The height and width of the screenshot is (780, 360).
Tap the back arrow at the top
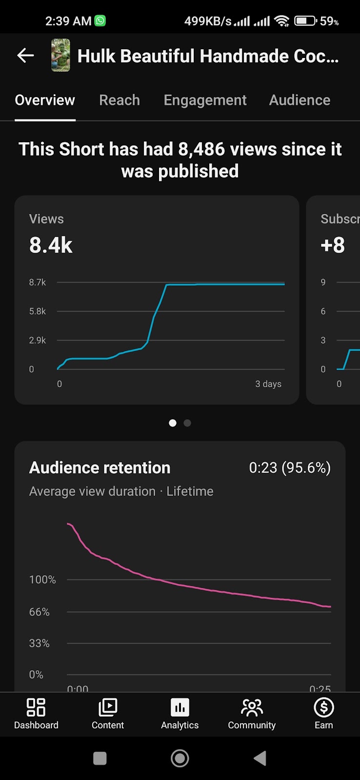(x=25, y=56)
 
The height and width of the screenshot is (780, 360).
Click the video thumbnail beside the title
(x=60, y=56)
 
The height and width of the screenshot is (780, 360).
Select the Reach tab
(x=120, y=100)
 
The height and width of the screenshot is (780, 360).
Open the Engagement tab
(x=205, y=100)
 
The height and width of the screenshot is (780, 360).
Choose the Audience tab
(x=300, y=100)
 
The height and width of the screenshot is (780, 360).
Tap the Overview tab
(x=45, y=100)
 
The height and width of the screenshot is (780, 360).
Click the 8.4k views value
(x=51, y=245)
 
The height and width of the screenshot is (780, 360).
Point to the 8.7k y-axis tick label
(x=38, y=282)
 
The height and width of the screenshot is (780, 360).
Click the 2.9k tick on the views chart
(x=38, y=340)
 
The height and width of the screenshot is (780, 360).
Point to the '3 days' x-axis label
(x=268, y=384)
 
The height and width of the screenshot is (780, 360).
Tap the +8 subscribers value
(x=333, y=245)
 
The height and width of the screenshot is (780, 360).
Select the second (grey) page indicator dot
(x=187, y=423)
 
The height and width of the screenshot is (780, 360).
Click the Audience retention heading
(x=100, y=468)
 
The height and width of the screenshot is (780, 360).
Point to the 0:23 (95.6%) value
(x=290, y=468)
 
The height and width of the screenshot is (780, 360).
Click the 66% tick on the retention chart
(x=40, y=612)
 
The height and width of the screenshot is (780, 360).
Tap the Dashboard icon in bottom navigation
(x=36, y=708)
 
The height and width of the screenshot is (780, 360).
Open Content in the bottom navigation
(x=108, y=708)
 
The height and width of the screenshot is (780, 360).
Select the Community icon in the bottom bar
(x=252, y=708)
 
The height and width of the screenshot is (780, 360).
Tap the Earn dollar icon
(x=324, y=708)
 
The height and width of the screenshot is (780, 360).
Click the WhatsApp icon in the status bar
(x=100, y=21)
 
